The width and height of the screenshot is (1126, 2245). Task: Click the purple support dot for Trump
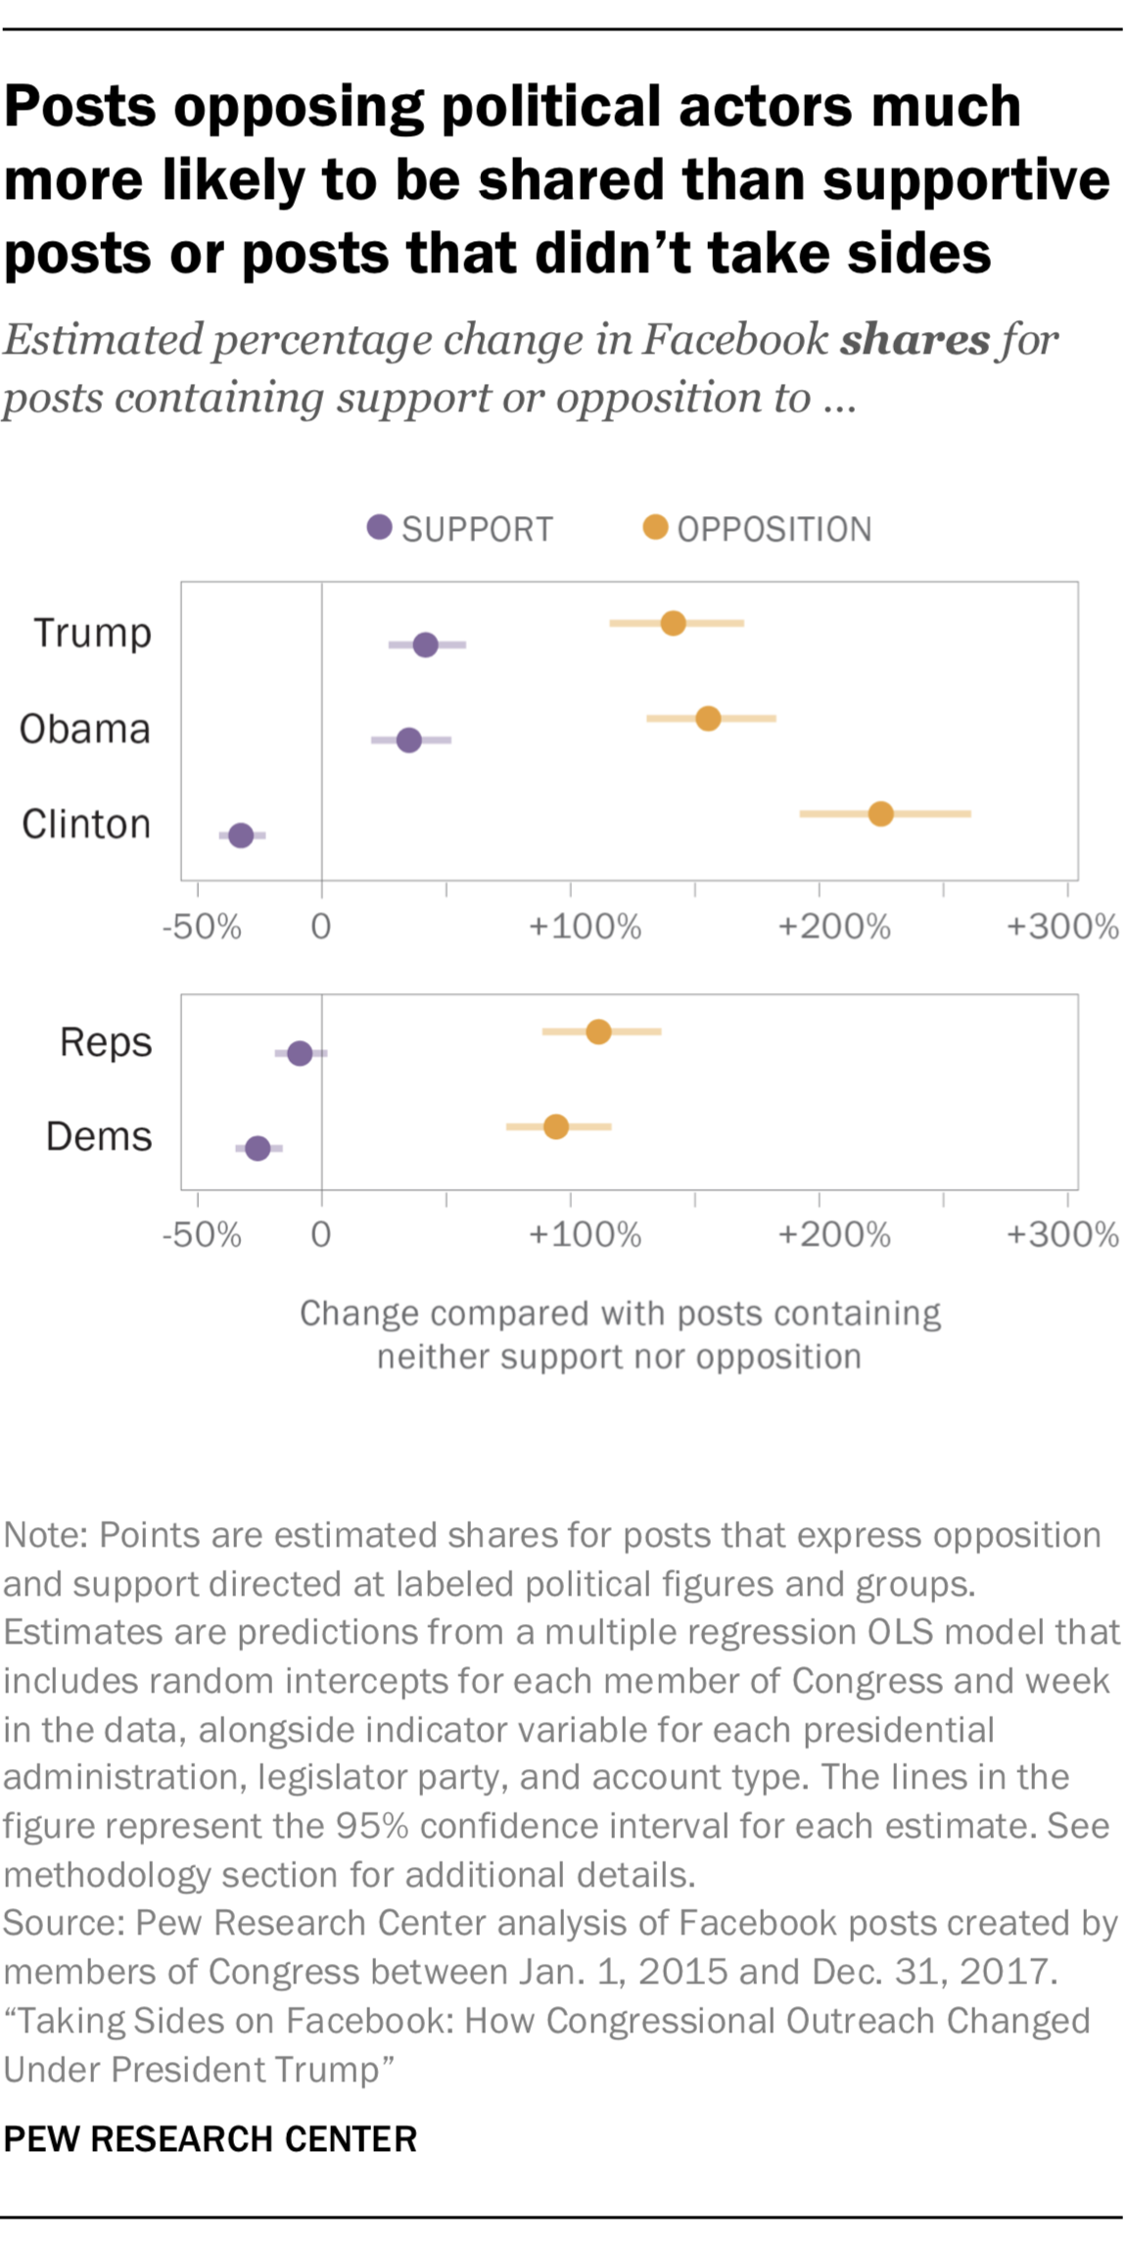pos(425,645)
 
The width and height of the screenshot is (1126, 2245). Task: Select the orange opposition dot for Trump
pos(673,623)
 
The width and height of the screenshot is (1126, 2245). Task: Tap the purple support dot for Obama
pos(409,740)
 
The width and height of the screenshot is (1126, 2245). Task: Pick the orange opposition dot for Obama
pos(708,718)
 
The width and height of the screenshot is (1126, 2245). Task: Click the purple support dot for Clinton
pos(241,836)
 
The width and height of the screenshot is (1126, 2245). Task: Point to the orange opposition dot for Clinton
pos(880,814)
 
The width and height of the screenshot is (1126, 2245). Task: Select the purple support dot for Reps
pos(300,1053)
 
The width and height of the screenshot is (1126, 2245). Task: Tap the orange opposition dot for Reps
pos(598,1031)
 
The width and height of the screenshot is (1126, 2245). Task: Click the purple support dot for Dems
pos(258,1148)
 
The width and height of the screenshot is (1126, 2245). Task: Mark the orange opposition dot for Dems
pos(555,1126)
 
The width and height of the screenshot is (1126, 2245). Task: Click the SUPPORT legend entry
pos(460,529)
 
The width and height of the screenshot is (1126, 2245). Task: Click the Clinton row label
pos(86,824)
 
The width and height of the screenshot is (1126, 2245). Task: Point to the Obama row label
pos(85,729)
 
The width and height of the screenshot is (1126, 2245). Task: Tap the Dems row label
pos(99,1136)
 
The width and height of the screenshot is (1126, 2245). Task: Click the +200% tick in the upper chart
pos(834,927)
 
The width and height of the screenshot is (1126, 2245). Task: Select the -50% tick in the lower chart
pos(202,1234)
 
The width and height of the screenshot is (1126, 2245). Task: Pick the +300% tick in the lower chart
pos(1062,1234)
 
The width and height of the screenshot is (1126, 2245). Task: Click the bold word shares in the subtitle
pos(915,340)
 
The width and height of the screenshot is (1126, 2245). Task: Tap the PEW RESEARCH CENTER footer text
pos(211,2138)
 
